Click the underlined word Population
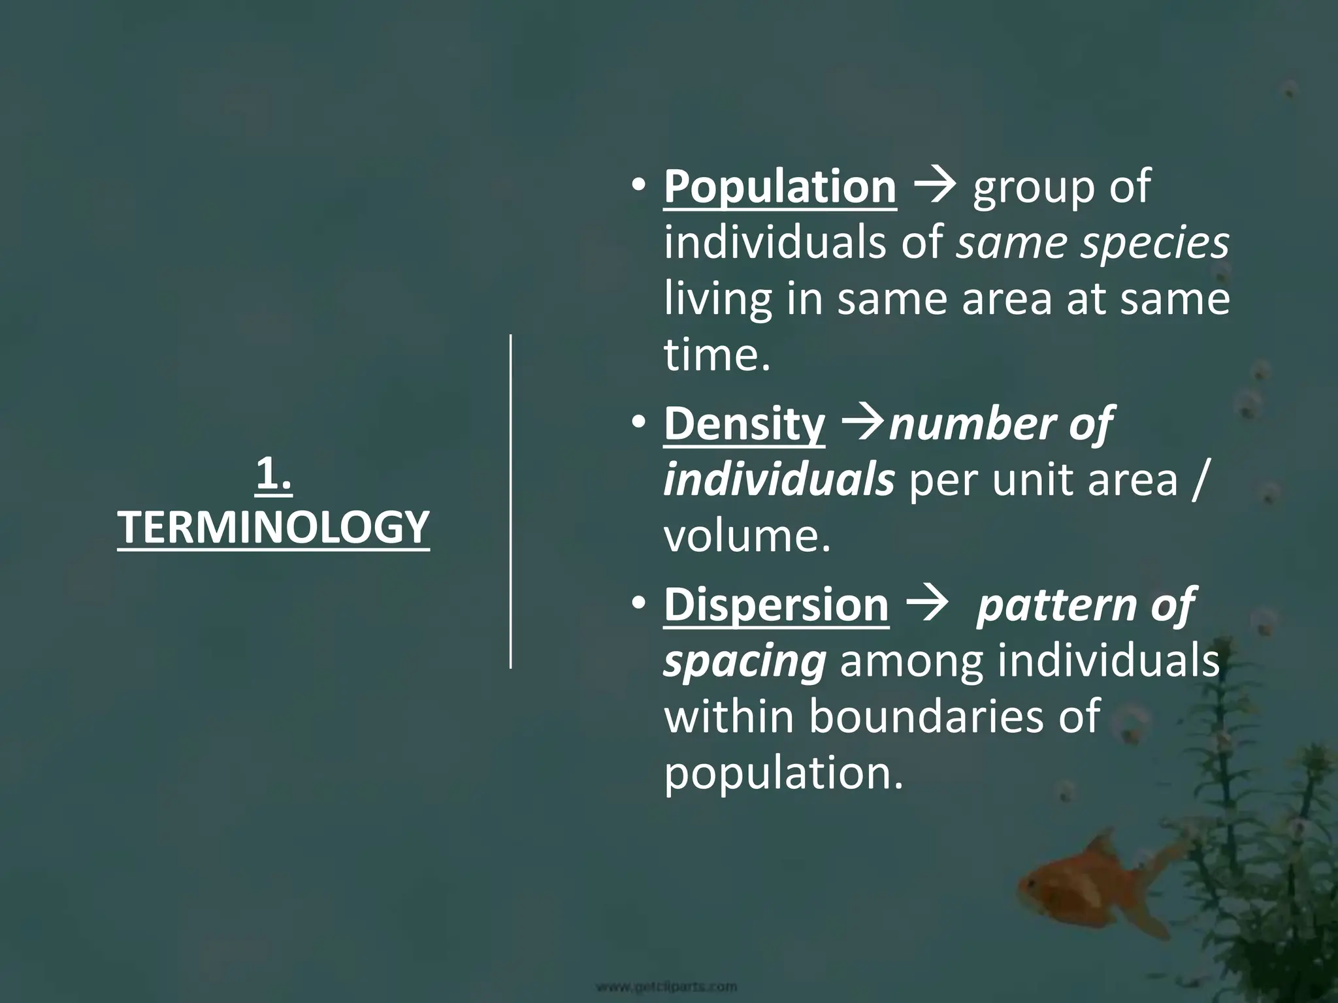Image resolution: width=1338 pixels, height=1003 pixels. click(780, 187)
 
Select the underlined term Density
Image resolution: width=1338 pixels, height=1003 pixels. click(744, 424)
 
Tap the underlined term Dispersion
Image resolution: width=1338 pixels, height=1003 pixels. click(776, 605)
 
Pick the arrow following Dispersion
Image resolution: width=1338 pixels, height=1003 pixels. click(927, 605)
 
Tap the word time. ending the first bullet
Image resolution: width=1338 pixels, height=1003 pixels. click(717, 356)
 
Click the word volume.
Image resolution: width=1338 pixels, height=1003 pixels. click(747, 537)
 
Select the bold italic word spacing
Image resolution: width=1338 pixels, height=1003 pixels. click(745, 662)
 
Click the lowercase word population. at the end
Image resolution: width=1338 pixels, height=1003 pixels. click(783, 773)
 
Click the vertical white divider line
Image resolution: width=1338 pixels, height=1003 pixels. click(511, 501)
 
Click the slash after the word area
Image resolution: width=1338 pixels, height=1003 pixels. click(1196, 481)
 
